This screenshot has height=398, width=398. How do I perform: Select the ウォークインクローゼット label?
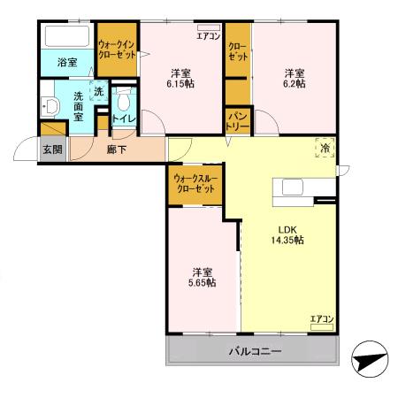pos(118,48)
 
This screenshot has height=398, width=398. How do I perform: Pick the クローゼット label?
pos(237,50)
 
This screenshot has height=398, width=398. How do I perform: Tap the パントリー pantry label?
pos(237,119)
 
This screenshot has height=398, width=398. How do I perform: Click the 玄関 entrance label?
pos(51,149)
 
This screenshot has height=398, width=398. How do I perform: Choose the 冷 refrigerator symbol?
pos(325,149)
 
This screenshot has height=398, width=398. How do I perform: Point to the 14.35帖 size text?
pos(287,240)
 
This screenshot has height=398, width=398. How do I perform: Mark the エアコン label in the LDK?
pos(321,318)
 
